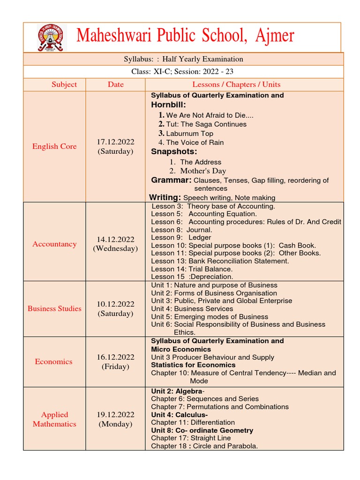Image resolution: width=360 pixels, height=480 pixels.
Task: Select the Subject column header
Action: [x=64, y=84]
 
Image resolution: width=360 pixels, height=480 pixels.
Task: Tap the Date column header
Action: [x=115, y=84]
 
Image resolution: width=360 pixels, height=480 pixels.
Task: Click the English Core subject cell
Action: [x=54, y=146]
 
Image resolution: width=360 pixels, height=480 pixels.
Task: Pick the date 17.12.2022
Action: [x=115, y=142]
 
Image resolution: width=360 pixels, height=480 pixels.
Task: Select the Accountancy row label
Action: [x=54, y=244]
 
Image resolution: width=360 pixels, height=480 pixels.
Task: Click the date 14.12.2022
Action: [x=115, y=239]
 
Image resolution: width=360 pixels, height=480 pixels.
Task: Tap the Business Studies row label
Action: [x=54, y=308]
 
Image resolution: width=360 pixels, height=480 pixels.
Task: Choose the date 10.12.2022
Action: [x=115, y=304]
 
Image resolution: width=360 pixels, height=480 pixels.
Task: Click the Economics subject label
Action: [x=54, y=361]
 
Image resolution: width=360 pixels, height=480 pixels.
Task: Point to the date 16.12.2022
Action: [x=115, y=357]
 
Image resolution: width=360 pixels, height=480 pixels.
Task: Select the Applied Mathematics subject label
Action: [x=54, y=419]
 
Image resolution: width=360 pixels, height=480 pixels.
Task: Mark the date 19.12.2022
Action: [x=115, y=414]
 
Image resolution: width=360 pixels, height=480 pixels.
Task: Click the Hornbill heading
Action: [x=169, y=105]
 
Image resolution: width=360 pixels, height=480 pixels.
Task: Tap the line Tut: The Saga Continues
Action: [x=206, y=124]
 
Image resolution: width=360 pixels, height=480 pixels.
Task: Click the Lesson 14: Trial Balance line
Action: [x=192, y=269]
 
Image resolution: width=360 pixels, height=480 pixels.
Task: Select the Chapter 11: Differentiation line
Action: [x=193, y=422]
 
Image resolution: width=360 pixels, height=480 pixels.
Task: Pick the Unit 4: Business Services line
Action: [x=192, y=309]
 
